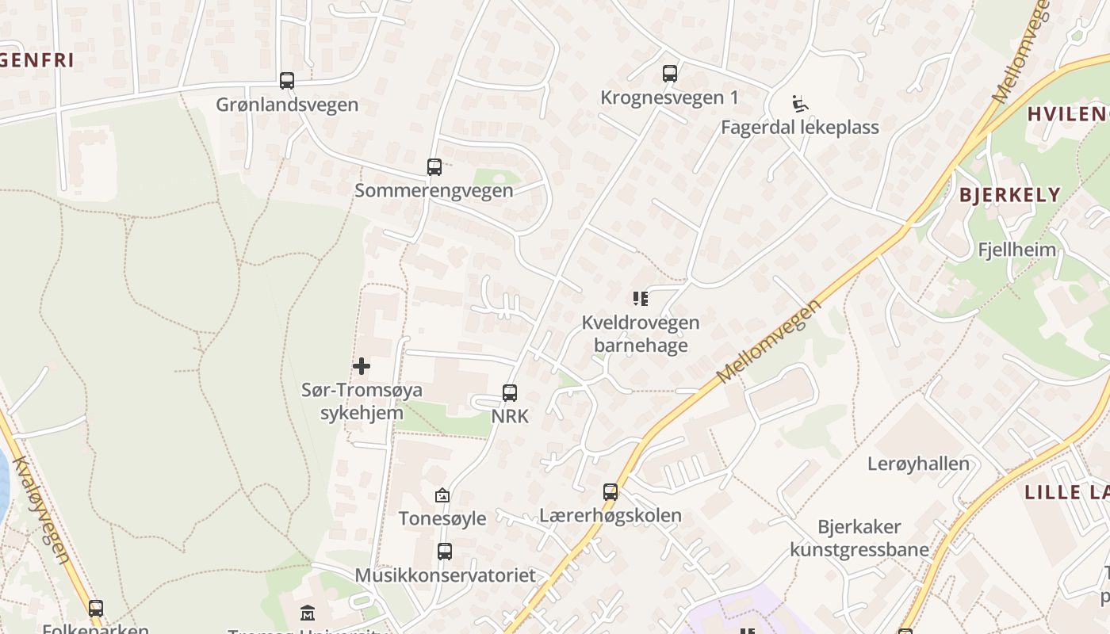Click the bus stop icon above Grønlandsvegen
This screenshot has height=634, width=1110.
point(286,80)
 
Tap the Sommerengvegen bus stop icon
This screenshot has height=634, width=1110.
point(434,166)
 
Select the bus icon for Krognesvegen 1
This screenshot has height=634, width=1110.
point(670,74)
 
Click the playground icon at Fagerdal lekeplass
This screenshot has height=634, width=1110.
point(799,104)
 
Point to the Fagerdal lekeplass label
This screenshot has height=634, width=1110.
point(799,127)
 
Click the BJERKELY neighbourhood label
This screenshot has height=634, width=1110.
point(1009,195)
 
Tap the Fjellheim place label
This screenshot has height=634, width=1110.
point(1016,250)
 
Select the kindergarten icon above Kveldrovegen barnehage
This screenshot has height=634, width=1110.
point(641,299)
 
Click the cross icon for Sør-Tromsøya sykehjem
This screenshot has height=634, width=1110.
point(361,366)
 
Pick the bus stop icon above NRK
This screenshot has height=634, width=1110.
point(510,392)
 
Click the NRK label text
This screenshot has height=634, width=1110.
point(510,416)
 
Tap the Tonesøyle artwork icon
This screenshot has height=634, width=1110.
point(442,495)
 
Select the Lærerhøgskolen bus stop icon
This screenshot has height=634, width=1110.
point(610,491)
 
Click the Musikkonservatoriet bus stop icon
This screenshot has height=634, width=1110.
point(445,551)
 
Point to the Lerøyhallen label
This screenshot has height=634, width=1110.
point(918,464)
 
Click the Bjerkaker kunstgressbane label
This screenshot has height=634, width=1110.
point(859,538)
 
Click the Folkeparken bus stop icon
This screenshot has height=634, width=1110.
point(96,609)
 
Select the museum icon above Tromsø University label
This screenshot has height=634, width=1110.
point(307,613)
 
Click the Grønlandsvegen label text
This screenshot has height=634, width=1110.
point(287,105)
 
